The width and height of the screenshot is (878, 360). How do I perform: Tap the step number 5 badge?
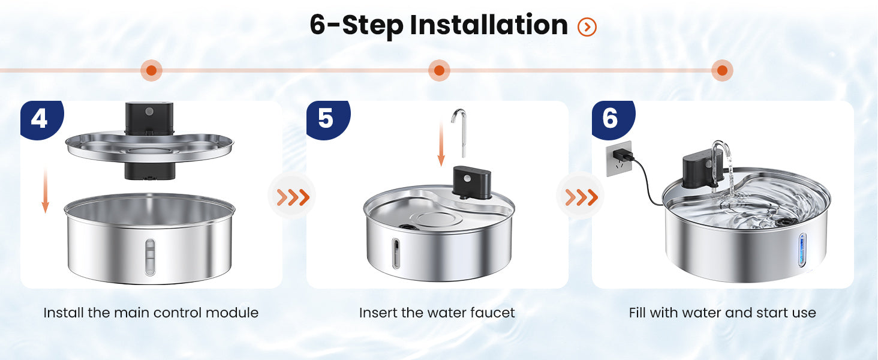pyautogui.click(x=327, y=119)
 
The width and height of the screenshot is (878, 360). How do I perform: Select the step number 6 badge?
pyautogui.click(x=613, y=119)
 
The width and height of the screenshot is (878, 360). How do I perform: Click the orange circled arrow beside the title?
pyautogui.click(x=587, y=27)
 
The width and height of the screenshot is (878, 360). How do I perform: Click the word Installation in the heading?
pyautogui.click(x=489, y=25)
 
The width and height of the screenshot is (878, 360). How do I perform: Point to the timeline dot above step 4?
pyautogui.click(x=151, y=71)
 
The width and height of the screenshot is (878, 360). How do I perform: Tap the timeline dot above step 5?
pyautogui.click(x=439, y=71)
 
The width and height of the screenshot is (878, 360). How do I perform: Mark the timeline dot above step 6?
pyautogui.click(x=722, y=71)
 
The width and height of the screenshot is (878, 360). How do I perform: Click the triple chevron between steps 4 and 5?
pyautogui.click(x=293, y=197)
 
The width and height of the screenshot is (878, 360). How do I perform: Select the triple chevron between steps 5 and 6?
pyautogui.click(x=582, y=197)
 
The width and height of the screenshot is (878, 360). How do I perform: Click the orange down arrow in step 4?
pyautogui.click(x=46, y=190)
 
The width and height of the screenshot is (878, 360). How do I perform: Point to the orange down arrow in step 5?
pyautogui.click(x=441, y=143)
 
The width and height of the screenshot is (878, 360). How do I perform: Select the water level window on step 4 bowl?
pyautogui.click(x=150, y=257)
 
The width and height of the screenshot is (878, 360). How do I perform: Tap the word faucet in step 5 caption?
pyautogui.click(x=492, y=313)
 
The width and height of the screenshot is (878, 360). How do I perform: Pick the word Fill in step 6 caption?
pyautogui.click(x=638, y=313)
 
